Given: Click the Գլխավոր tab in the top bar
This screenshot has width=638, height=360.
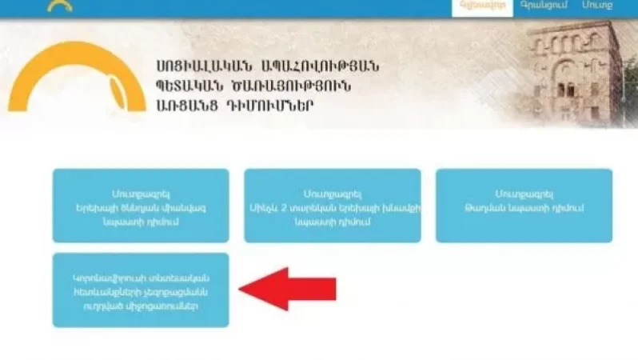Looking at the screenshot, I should coord(471,6).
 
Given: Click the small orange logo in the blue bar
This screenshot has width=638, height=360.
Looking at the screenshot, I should coord(60,5).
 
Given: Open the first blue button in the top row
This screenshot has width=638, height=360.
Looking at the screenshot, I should coord(141,206).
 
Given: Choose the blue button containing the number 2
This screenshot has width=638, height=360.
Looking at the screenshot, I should coord(332,206).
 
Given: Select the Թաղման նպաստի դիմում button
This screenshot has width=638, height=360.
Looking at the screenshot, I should coord(524,206).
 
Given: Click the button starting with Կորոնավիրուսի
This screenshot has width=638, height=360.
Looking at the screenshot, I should coord(141,290).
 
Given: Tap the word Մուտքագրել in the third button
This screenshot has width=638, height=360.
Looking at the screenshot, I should coord(524,194).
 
